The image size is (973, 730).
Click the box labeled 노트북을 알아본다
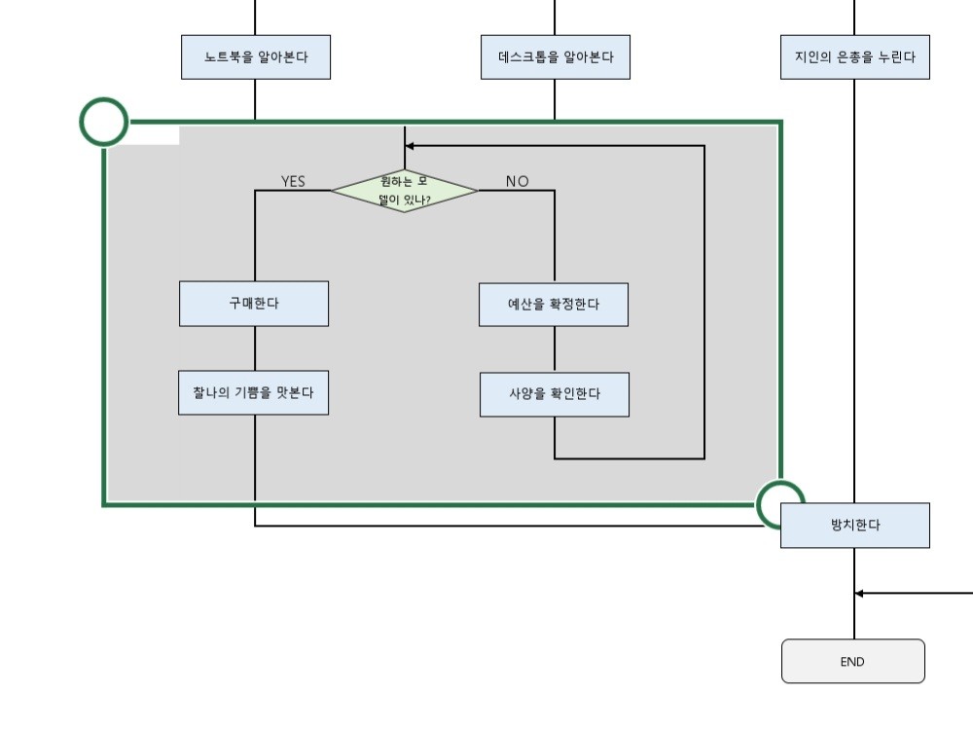[x=256, y=57]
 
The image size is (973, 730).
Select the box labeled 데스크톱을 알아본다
[x=555, y=57]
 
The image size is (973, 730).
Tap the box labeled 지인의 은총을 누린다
[x=854, y=57]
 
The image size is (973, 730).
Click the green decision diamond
[x=404, y=190]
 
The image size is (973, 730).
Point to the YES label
[x=293, y=181]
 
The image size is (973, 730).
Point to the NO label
[x=517, y=181]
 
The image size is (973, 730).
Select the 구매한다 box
[x=254, y=304]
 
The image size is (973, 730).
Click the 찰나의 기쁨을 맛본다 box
[x=253, y=392]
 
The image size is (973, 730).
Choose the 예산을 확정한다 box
[x=554, y=305]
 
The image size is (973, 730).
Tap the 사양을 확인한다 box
[x=554, y=394]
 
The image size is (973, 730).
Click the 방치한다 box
[x=855, y=526]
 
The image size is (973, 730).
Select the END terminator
[x=852, y=662]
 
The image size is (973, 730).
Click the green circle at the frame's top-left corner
[x=103, y=122]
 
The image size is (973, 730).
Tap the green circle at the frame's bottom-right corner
[x=780, y=504]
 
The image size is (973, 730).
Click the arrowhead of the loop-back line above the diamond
[x=410, y=146]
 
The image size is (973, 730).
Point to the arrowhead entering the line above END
[x=860, y=592]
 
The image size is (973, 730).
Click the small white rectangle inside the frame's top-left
[x=153, y=136]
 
